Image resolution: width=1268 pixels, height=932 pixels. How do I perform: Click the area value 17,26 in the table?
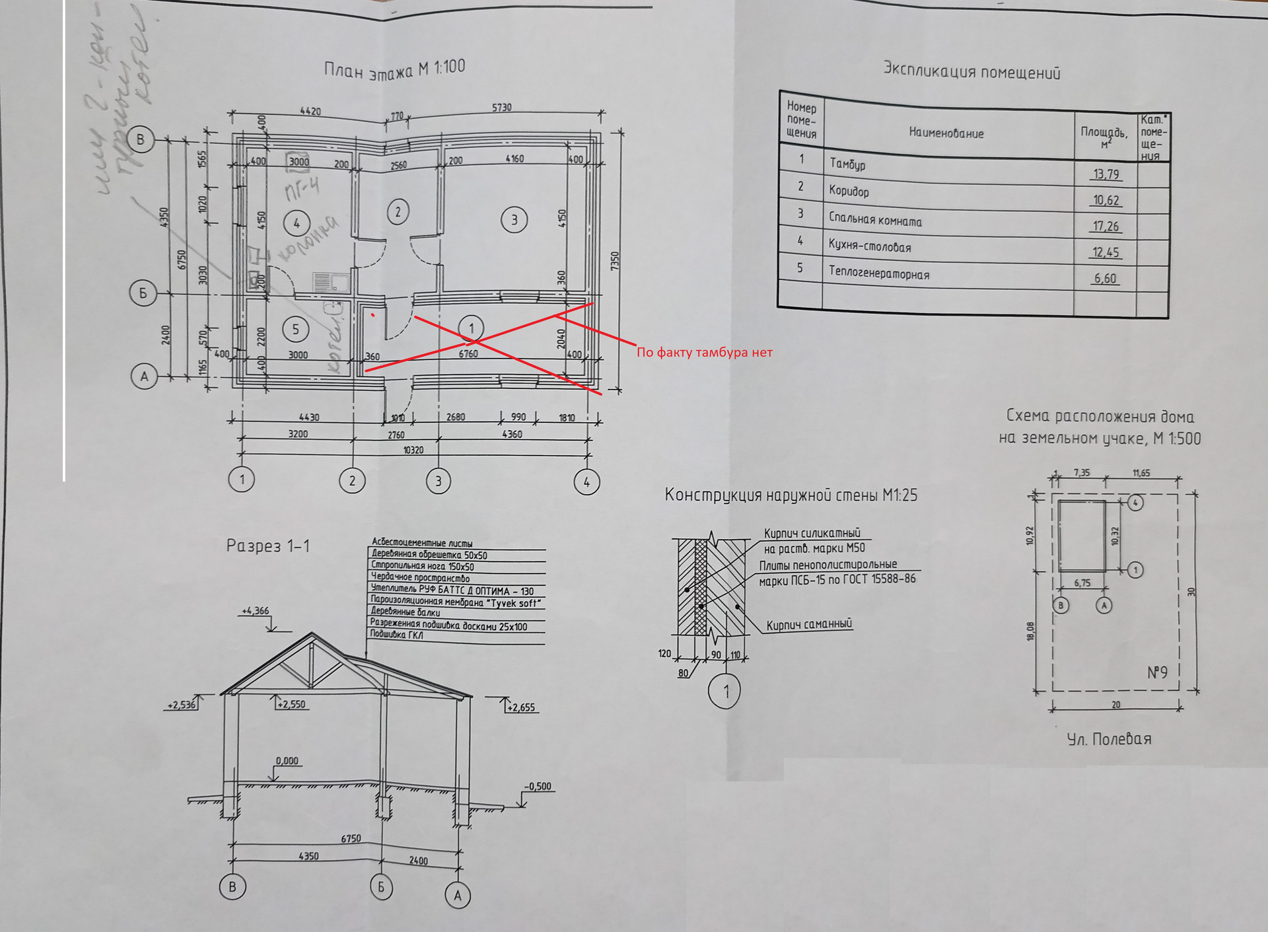click(1106, 227)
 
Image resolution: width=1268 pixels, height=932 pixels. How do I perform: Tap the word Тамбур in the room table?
click(847, 164)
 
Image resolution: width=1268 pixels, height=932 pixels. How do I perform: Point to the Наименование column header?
click(946, 133)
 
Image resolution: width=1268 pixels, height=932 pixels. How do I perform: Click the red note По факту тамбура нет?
click(704, 352)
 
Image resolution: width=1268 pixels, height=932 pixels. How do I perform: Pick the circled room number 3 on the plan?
click(514, 220)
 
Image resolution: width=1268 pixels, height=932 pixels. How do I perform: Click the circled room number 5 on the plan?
click(295, 329)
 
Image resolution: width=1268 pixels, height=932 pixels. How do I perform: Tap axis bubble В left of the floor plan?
click(140, 139)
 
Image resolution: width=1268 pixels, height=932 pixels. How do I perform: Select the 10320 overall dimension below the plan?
click(413, 450)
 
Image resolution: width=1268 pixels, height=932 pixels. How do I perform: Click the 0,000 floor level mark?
click(287, 761)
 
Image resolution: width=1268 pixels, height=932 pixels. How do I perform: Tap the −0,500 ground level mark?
click(538, 787)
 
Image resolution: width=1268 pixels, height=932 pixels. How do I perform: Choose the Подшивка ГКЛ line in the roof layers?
click(396, 635)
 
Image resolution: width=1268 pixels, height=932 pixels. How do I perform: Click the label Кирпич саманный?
click(809, 624)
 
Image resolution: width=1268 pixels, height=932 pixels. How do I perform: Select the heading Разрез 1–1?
click(267, 546)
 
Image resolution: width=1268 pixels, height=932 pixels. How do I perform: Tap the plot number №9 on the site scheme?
click(1157, 672)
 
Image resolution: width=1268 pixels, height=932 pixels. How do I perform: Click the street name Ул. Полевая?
click(1109, 739)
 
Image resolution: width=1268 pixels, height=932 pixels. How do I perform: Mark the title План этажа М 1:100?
click(394, 69)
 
